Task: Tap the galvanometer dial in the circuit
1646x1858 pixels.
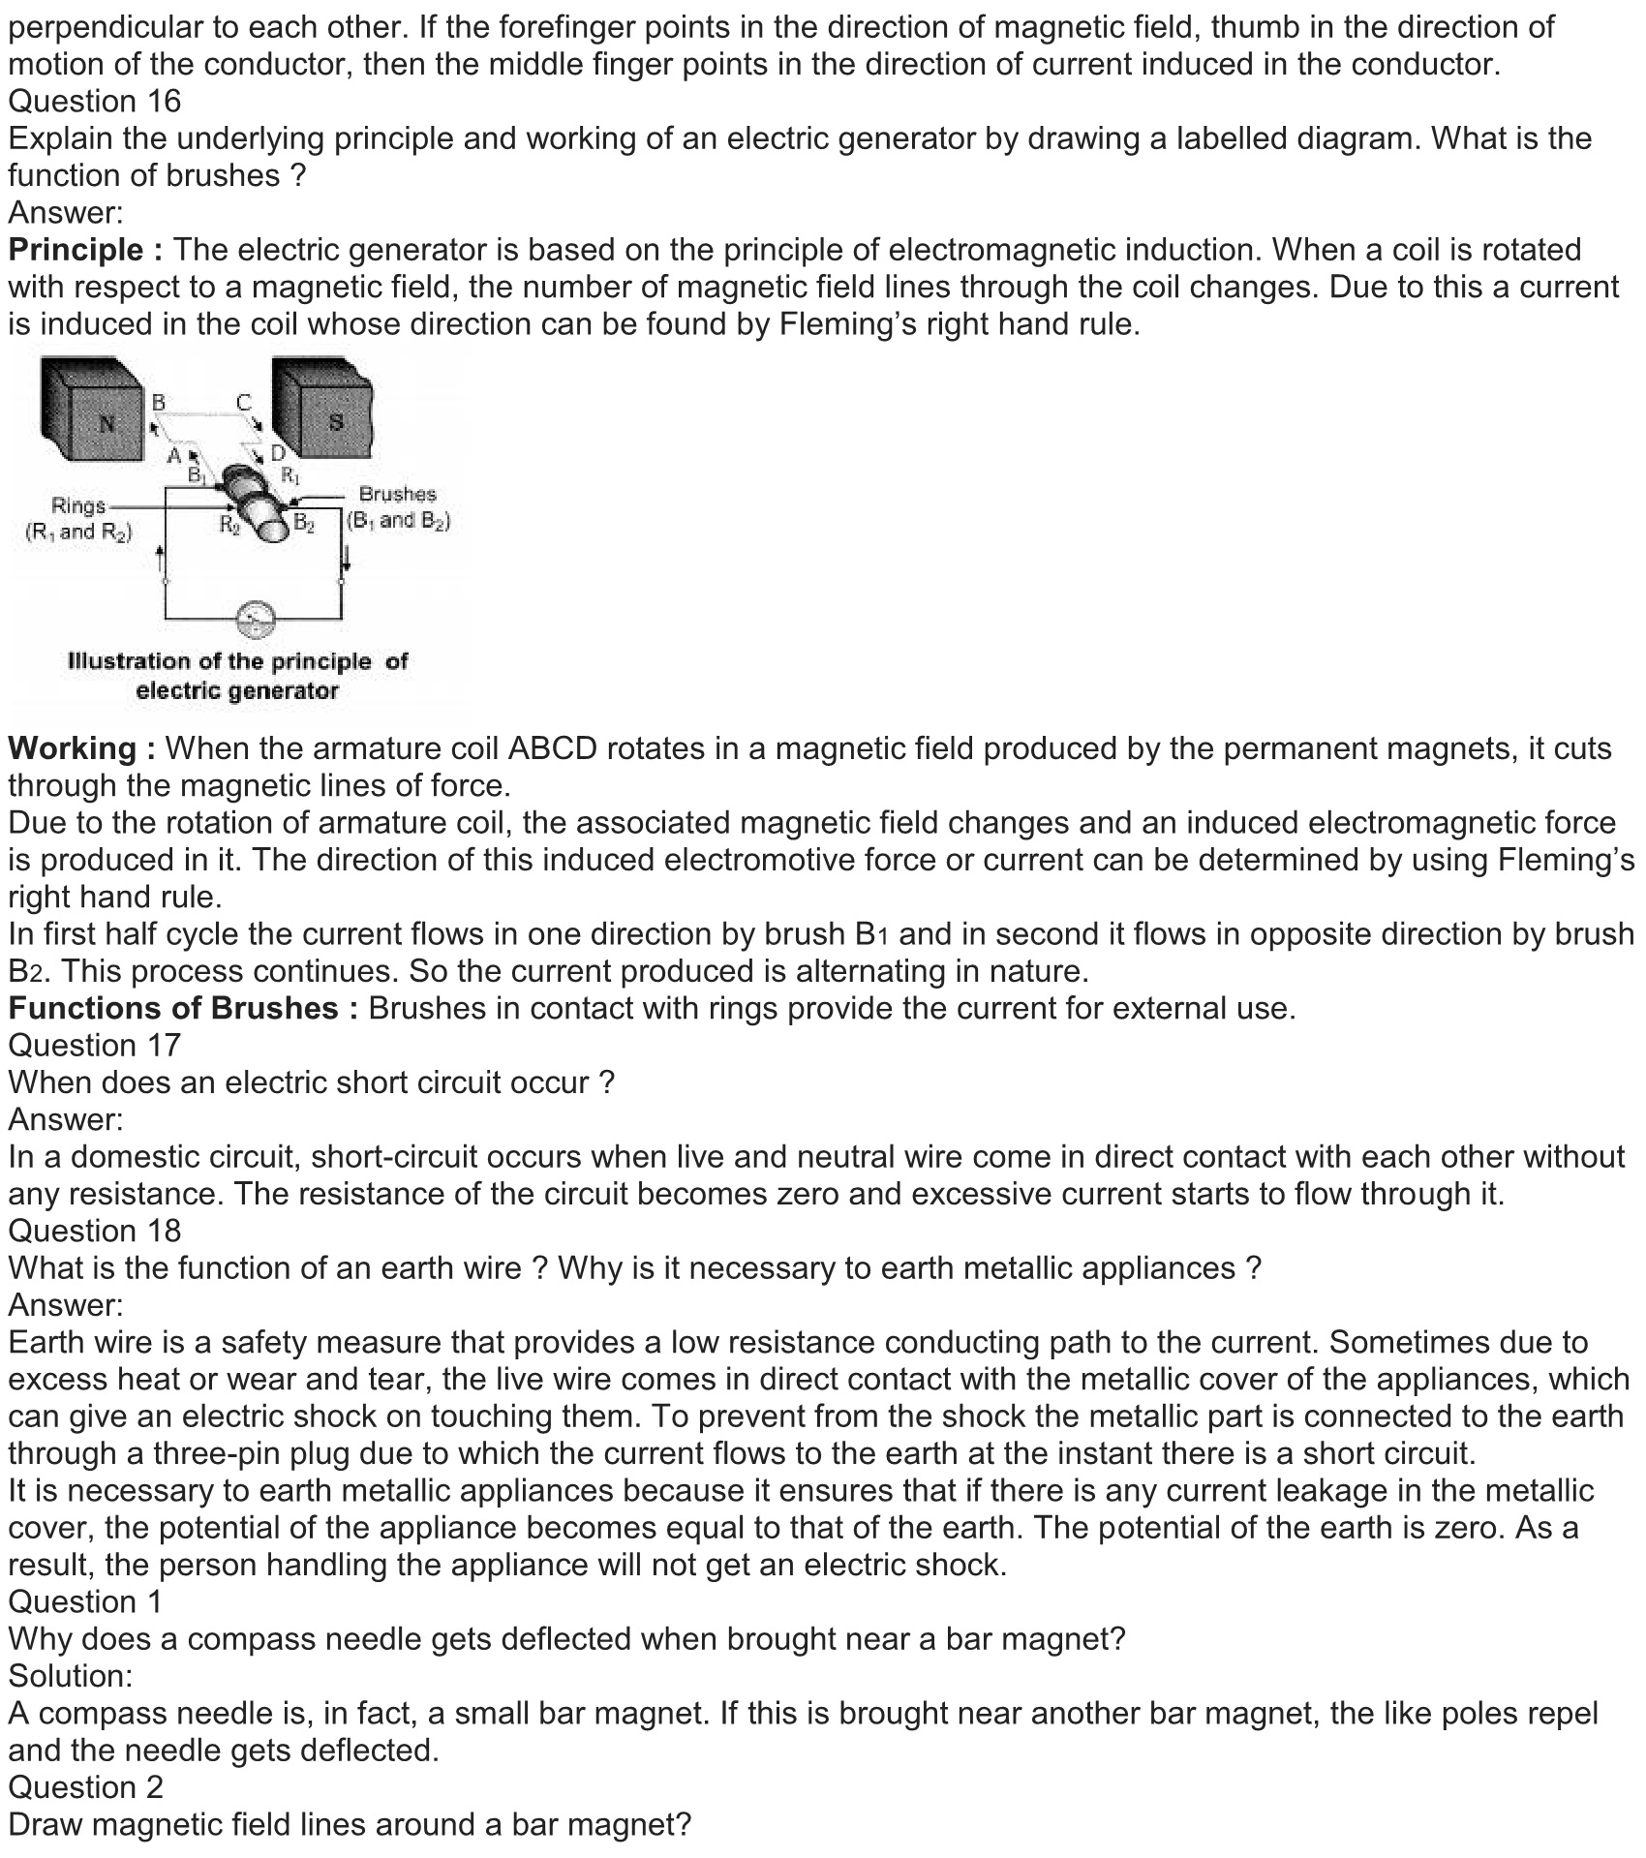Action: tap(256, 618)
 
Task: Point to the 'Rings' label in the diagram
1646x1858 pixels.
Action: tap(78, 505)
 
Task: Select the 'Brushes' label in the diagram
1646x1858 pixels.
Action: tap(397, 494)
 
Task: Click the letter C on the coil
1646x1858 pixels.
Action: tap(243, 401)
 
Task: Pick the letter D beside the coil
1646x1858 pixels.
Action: tap(278, 453)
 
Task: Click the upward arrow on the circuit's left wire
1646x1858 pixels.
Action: tap(161, 557)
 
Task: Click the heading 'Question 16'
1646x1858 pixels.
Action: tap(95, 101)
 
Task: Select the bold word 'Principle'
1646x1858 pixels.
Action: tap(76, 250)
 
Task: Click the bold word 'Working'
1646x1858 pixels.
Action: tap(73, 748)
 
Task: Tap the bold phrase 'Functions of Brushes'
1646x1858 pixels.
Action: tap(173, 1008)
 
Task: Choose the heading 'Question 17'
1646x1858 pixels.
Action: tap(95, 1045)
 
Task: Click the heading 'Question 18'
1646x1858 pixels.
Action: tap(95, 1231)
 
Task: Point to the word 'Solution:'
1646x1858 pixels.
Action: tap(71, 1675)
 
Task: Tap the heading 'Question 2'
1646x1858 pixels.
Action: tap(86, 1786)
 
